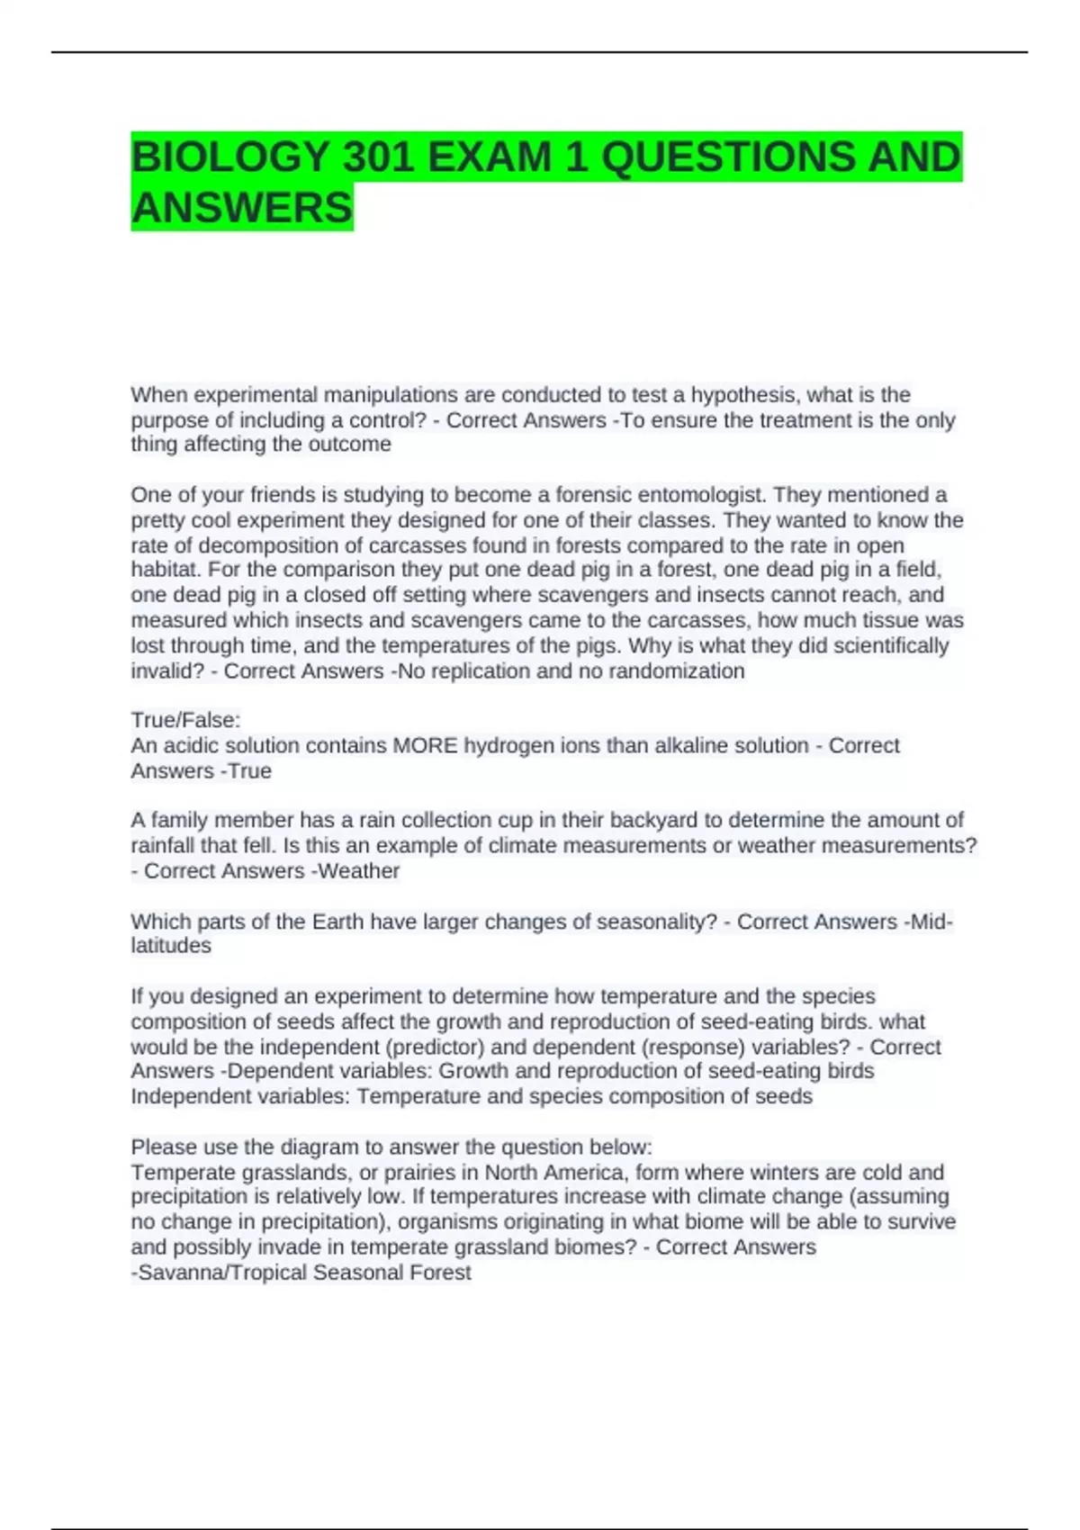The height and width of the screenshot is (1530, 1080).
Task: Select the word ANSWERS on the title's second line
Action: coord(241,208)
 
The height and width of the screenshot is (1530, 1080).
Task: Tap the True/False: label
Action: coord(185,720)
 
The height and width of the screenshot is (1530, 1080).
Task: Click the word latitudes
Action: coord(171,946)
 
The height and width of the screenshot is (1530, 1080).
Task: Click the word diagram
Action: coord(322,1147)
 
